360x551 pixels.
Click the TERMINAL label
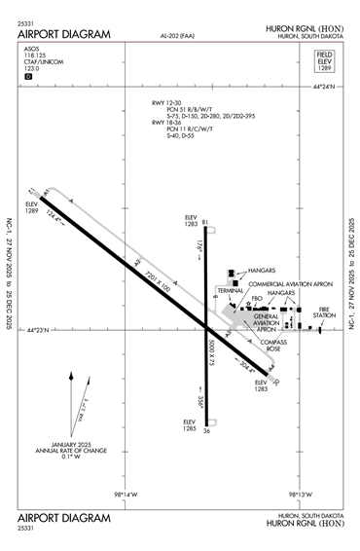pos(231,290)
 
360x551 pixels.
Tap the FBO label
pos(257,299)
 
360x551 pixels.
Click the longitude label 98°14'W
pos(129,495)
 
